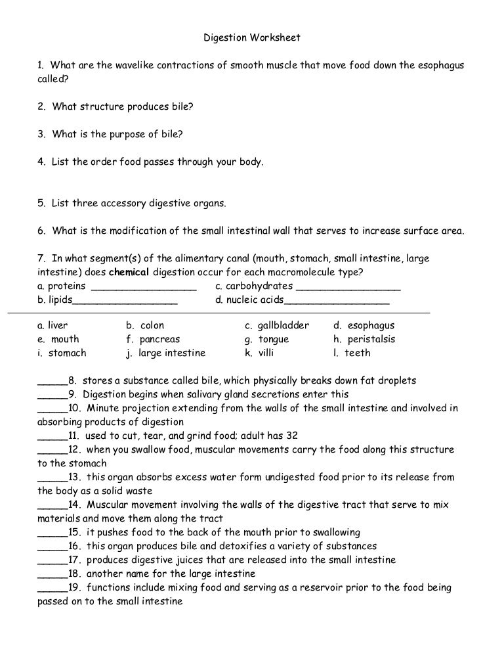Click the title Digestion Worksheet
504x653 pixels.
tap(252, 37)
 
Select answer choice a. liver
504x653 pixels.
tap(52, 325)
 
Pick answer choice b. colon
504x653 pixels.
tap(145, 325)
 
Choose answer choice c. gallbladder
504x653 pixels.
tap(276, 325)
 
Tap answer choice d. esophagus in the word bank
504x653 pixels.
tap(364, 325)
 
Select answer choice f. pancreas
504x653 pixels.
tap(152, 339)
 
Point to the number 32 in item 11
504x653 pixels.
tap(292, 435)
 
